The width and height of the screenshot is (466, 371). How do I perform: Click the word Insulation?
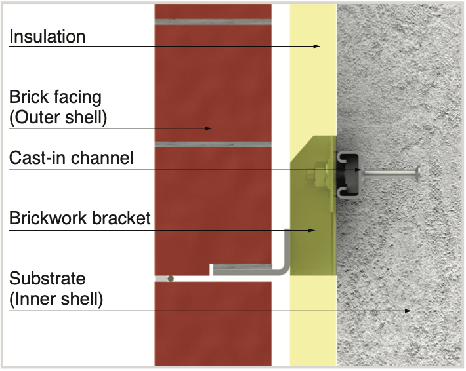coord(47,37)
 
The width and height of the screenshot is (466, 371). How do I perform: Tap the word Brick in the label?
coord(27,98)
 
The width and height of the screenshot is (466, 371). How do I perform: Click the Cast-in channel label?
coord(72,158)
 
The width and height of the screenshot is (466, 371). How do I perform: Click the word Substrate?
coord(47,279)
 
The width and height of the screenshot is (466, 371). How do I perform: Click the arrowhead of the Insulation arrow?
coord(317,46)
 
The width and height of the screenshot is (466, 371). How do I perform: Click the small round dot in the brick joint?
coord(171,279)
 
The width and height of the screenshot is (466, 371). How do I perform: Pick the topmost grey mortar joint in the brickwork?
coord(213,22)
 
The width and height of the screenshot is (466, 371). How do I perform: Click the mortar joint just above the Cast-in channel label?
coord(213,144)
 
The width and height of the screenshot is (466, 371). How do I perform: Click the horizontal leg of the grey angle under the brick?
coord(246,269)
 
